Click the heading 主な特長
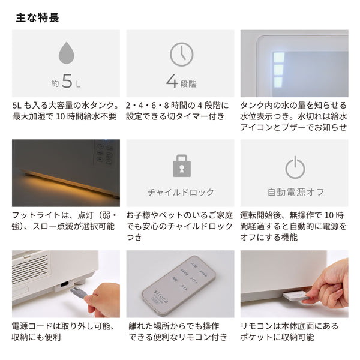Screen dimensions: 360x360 tap(37, 17)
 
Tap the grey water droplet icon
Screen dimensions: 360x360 tap(66, 54)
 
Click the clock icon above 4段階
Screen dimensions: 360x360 tap(181, 55)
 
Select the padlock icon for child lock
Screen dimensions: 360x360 tap(181, 166)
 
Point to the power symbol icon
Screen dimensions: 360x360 tap(295, 167)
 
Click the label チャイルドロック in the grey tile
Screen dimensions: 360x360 tap(181, 193)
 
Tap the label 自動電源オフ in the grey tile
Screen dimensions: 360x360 tap(295, 193)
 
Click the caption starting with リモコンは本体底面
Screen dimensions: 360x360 tap(293, 331)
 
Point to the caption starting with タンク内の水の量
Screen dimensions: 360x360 tap(293, 115)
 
